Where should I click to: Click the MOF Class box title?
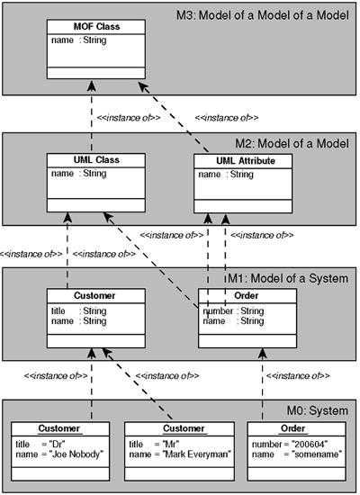coord(96,26)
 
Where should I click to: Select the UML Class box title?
coord(96,159)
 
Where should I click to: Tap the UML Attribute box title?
coord(246,161)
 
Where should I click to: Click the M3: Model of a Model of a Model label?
coord(263,15)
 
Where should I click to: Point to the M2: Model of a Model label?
coord(292,143)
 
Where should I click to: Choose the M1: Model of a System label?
coord(288,278)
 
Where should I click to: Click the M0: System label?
coord(318,410)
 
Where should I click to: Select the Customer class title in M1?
coord(94,295)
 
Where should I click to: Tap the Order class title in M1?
coord(247,295)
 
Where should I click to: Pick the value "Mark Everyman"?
coord(197,454)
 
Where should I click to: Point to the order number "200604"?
coord(310,445)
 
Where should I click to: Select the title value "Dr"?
coord(58,445)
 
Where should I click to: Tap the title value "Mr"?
coord(171,445)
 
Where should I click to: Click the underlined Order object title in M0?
coord(292,428)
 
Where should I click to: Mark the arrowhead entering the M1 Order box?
coord(263,354)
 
